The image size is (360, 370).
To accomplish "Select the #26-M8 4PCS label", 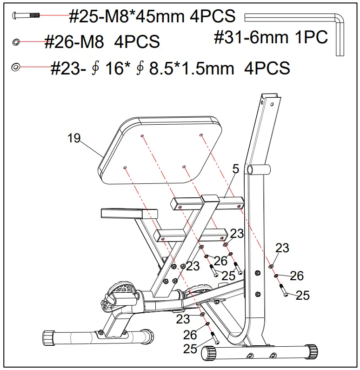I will pyautogui.click(x=102, y=42).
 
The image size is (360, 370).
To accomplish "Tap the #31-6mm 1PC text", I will pyautogui.click(x=271, y=38).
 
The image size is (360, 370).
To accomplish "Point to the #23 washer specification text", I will pyautogui.click(x=170, y=68).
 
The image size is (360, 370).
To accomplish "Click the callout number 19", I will pyautogui.click(x=73, y=138).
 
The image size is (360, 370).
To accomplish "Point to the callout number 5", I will pyautogui.click(x=235, y=170).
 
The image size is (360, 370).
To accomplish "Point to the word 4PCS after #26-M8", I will pyautogui.click(x=137, y=42).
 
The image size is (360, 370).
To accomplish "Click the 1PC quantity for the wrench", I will pyautogui.click(x=312, y=38).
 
